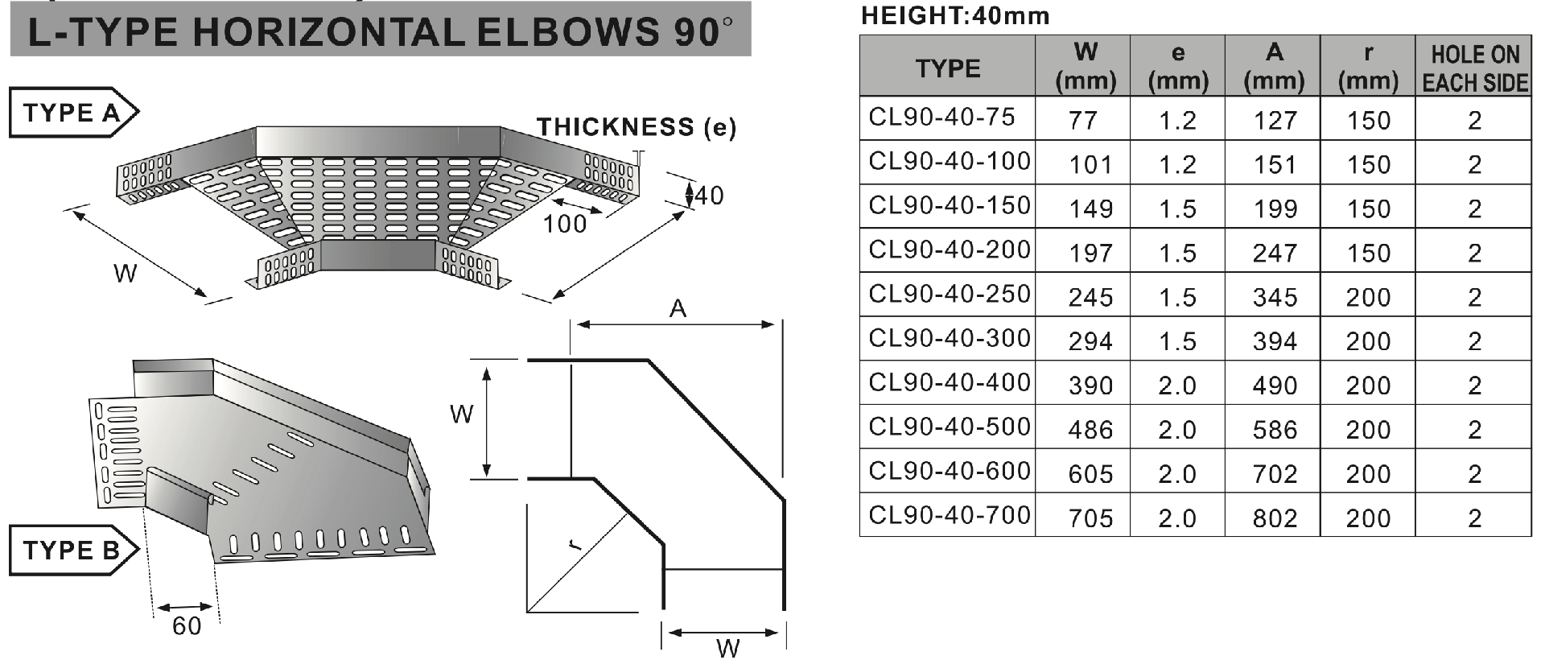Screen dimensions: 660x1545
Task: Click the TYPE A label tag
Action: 72,113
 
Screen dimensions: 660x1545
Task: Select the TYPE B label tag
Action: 72,551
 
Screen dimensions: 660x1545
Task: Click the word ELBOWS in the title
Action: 563,31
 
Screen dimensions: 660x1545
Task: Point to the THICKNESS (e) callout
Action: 636,127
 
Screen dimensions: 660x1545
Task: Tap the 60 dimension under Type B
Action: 187,626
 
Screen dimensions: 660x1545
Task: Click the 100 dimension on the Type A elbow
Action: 565,224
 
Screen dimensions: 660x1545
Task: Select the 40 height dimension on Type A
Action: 709,196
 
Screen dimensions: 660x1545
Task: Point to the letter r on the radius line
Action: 574,545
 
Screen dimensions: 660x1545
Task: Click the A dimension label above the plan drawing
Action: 678,308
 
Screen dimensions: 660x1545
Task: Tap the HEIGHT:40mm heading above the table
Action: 954,15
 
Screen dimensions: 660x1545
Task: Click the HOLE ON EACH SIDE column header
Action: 1473,68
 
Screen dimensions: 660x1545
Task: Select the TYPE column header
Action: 947,68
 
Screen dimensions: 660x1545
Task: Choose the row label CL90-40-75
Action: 941,118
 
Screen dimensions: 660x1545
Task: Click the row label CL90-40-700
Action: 950,515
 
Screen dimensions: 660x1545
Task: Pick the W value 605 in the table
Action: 1090,474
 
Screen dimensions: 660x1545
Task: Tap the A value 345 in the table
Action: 1275,298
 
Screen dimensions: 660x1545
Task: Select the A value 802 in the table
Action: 1275,518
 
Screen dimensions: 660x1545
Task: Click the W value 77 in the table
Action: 1083,121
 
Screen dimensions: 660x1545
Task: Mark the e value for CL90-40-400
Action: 1177,386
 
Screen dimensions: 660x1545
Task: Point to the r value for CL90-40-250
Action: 1368,298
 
